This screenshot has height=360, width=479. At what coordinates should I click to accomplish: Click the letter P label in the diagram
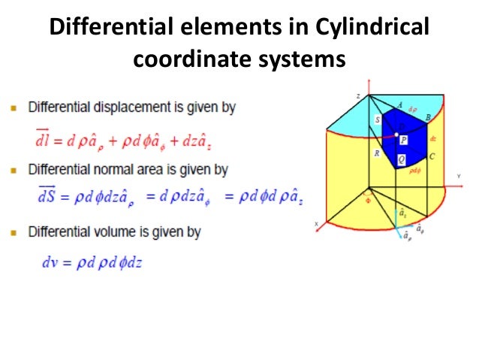coord(404,140)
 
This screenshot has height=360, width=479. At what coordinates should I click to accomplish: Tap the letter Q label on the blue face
coord(402,159)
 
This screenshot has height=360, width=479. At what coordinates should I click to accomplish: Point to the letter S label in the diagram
coord(377,120)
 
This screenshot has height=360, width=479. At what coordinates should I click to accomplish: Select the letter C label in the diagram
coord(432,156)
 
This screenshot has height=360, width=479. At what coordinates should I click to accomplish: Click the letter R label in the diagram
coord(376,153)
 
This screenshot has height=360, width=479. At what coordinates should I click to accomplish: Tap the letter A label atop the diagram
coord(400,105)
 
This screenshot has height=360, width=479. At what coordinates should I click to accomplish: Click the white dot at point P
coord(396,134)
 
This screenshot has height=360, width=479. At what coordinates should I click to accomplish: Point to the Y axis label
coord(458,177)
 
